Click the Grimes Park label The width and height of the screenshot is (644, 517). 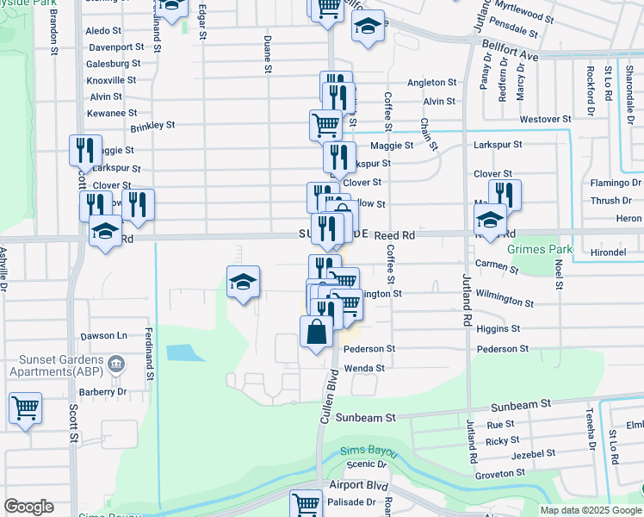click(540, 250)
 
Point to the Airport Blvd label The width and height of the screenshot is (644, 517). click(352, 485)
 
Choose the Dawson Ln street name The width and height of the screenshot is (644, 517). click(104, 335)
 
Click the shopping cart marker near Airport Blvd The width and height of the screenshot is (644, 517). click(306, 503)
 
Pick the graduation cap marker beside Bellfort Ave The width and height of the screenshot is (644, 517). click(368, 26)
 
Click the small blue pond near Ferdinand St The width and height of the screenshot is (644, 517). click(181, 352)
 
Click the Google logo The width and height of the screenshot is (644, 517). click(28, 507)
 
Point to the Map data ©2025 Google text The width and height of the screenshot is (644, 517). click(590, 510)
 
